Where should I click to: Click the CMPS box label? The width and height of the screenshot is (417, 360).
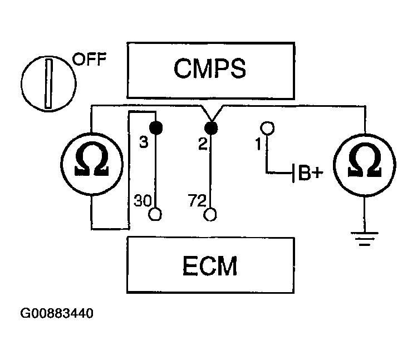pos(210,68)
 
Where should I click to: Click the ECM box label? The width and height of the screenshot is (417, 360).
pos(210,265)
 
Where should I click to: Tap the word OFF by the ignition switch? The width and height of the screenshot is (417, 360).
pos(89,59)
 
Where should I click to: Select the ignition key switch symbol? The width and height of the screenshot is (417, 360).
pos(48,83)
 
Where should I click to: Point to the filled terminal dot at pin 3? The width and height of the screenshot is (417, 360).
pos(156,128)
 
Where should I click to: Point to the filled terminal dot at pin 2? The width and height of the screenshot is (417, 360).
pos(211,128)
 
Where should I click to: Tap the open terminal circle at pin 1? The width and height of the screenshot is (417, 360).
pos(267,128)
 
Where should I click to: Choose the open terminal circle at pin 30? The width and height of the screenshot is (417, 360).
pos(155,214)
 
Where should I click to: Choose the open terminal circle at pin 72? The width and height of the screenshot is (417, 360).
pos(210,214)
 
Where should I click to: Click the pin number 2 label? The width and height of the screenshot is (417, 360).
pos(203,144)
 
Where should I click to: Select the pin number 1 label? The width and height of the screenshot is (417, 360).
pos(258,144)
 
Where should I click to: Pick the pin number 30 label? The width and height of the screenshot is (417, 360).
pos(143,200)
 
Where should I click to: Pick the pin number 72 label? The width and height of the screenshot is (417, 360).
pos(197,200)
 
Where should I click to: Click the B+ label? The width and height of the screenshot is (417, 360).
pos(311,173)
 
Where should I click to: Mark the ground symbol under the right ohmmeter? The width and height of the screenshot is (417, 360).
pos(365,239)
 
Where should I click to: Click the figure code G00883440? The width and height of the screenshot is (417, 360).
pos(57,313)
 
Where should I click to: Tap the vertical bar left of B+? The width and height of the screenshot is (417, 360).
pos(293,173)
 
